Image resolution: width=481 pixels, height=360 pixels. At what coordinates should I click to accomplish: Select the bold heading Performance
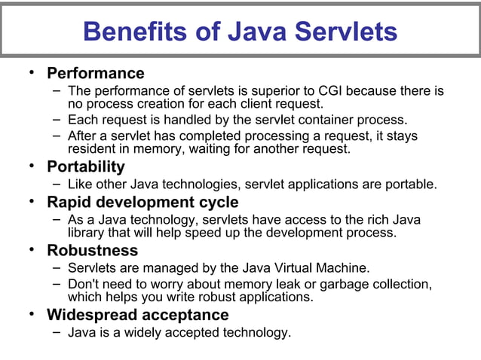(x=95, y=73)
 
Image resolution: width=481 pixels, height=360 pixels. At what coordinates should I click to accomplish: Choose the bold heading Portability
(x=86, y=166)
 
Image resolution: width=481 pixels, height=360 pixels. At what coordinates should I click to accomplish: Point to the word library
(x=87, y=233)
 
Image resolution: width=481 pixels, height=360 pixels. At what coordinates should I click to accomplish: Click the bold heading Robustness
(x=92, y=250)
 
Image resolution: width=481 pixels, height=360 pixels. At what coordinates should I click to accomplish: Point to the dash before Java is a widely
(x=57, y=331)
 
